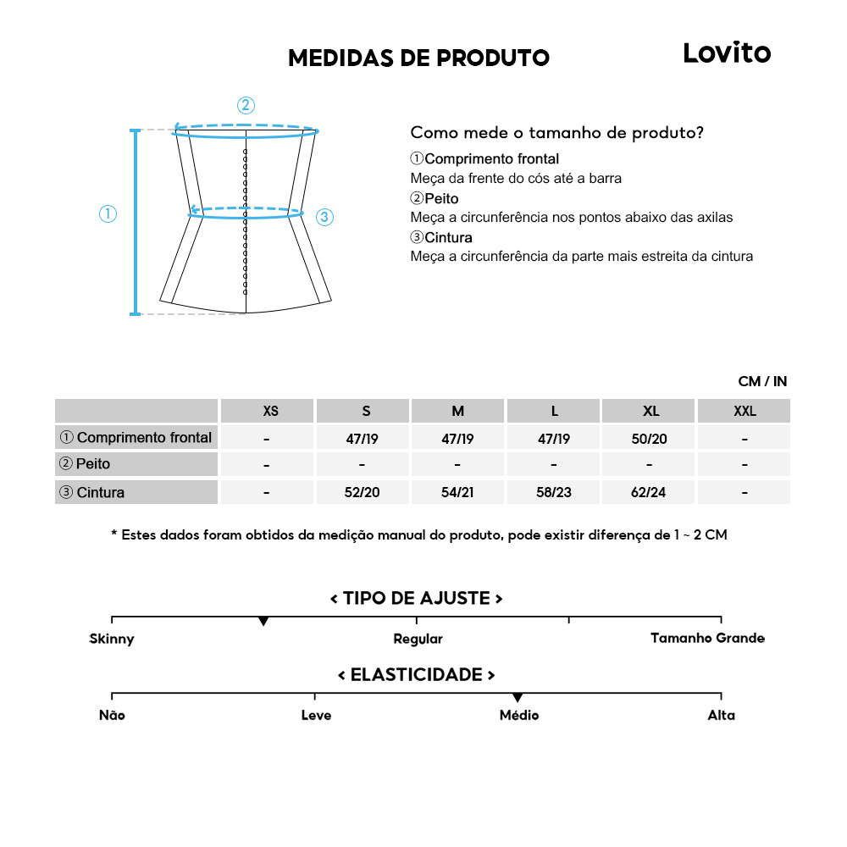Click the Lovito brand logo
point(727,53)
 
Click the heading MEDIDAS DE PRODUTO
point(418,58)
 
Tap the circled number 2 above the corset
point(246,106)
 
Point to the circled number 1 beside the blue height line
point(108,214)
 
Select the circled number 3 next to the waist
point(324,218)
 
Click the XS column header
point(270,412)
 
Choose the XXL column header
point(745,412)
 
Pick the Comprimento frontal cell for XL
point(650,439)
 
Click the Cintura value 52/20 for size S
point(363,493)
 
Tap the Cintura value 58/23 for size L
point(554,493)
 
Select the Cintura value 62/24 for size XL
point(649,493)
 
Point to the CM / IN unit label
point(762,382)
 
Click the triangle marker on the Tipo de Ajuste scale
point(263,622)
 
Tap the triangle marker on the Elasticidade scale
point(518,698)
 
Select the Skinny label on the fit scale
point(112,639)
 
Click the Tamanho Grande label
point(707,638)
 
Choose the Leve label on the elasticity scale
point(316,716)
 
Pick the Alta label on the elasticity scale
point(722,716)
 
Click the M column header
point(458,412)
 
